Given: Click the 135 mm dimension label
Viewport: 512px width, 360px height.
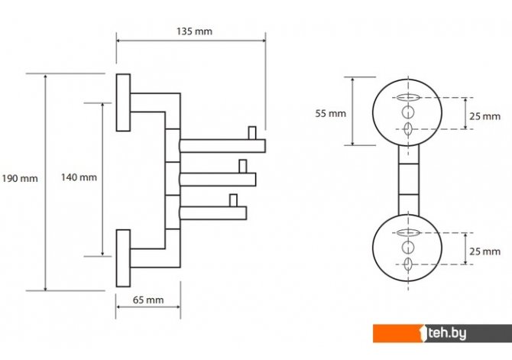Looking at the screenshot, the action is coord(194,31).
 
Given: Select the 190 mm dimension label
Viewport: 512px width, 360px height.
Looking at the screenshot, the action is coord(20,178).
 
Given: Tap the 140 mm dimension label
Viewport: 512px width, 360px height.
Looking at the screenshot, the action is coord(79,177).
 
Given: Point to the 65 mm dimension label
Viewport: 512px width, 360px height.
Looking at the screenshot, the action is coord(148,300).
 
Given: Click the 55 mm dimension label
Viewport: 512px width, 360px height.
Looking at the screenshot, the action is coord(330,113).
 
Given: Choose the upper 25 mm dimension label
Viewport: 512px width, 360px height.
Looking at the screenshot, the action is coord(485,116).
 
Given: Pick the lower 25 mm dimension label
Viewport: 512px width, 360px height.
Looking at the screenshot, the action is coord(485,251).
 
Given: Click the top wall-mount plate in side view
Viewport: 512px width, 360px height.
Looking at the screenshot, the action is coord(123,102).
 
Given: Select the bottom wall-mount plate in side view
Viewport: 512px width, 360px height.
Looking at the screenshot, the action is coord(123,258).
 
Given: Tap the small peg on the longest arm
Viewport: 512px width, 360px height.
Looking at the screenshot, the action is coord(252,133).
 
